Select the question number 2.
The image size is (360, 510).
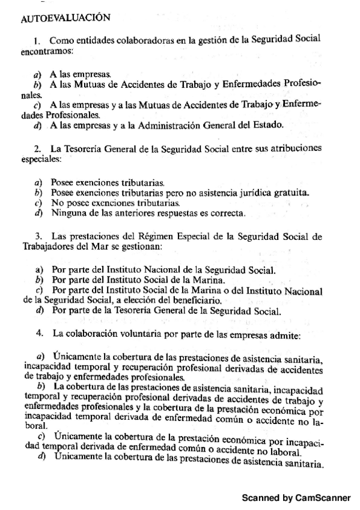click(x=37, y=148)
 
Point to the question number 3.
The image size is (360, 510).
click(x=37, y=235)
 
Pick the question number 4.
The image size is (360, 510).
click(x=39, y=333)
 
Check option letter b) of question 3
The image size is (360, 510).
click(x=40, y=280)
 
